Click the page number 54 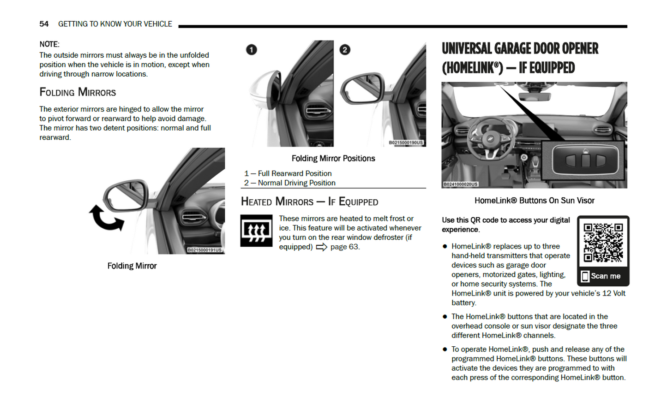(x=44, y=24)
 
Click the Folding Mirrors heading (x=78, y=92)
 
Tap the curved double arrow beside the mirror (x=106, y=218)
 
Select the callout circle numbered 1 (x=252, y=50)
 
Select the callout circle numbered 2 (x=345, y=50)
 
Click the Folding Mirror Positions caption (x=333, y=159)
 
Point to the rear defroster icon (x=256, y=231)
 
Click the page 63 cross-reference (x=344, y=247)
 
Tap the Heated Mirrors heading (x=309, y=202)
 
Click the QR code (x=603, y=242)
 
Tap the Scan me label (x=605, y=276)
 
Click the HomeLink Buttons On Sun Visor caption (x=534, y=201)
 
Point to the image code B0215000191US (x=204, y=250)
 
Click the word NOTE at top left (x=49, y=44)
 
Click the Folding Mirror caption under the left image (x=132, y=266)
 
